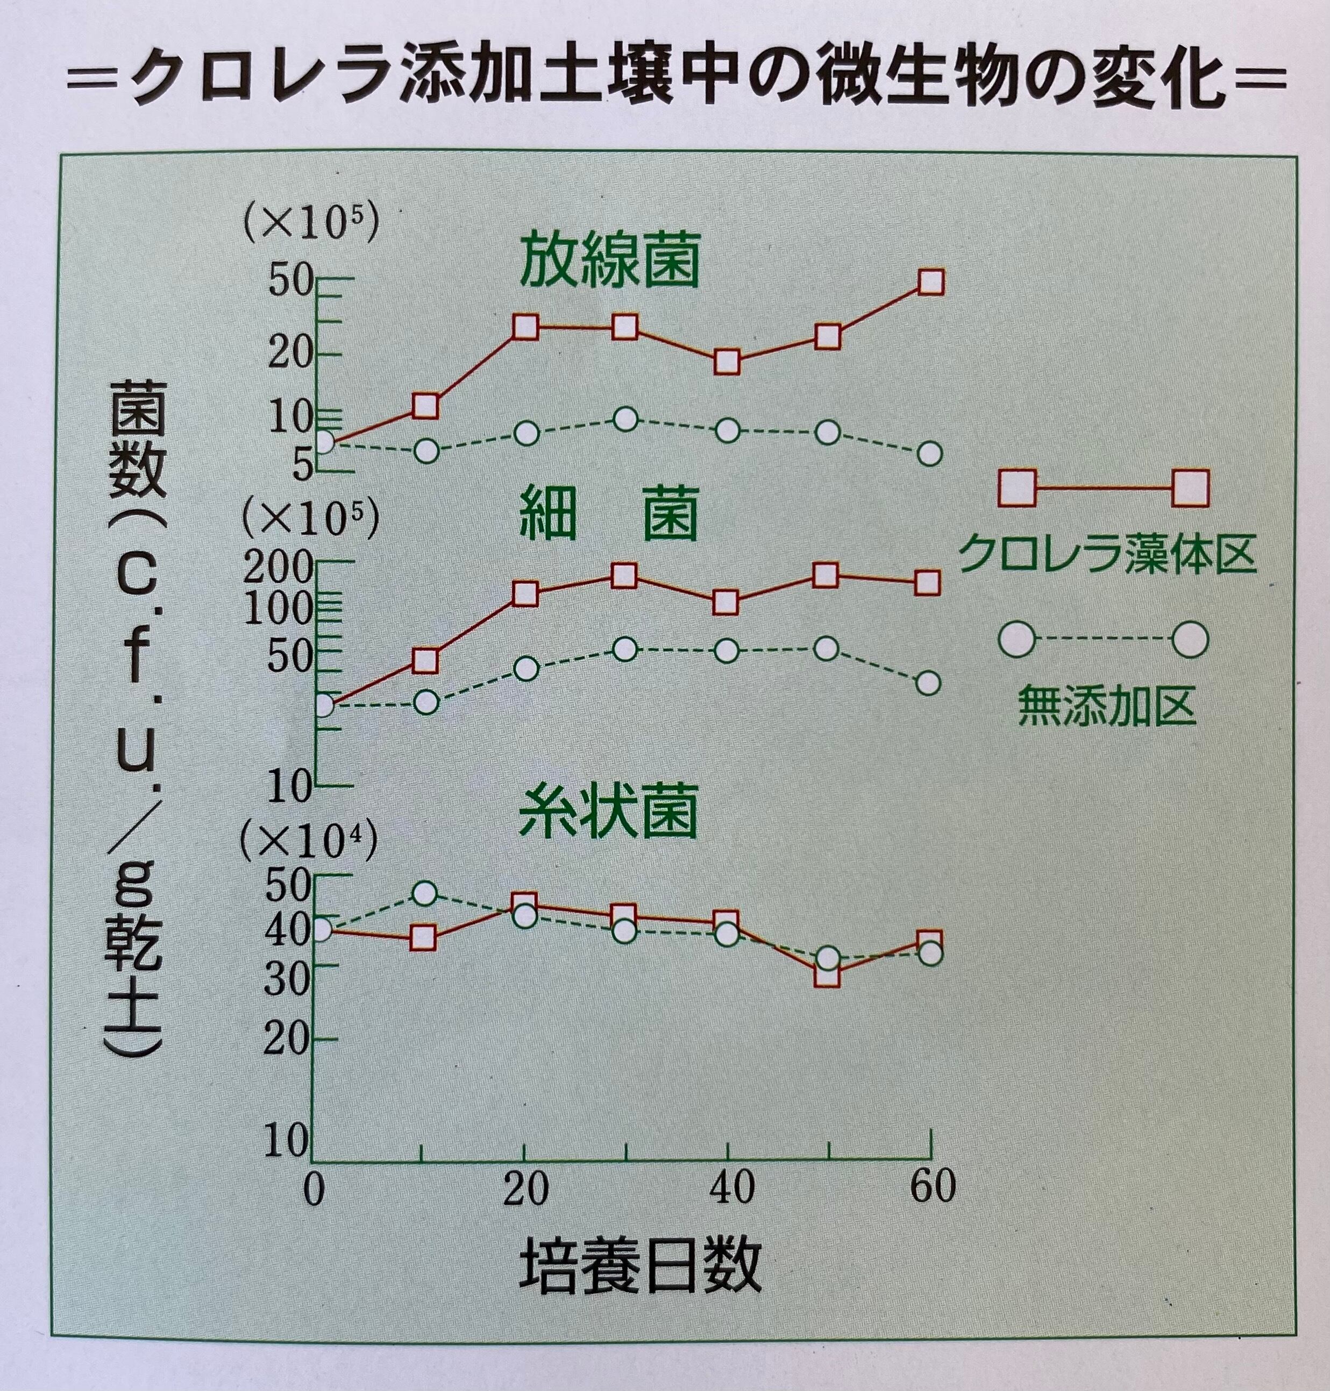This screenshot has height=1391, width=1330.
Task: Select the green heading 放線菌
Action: point(609,260)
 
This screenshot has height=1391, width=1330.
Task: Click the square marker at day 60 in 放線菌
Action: point(930,281)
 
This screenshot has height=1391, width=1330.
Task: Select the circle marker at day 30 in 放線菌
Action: point(624,419)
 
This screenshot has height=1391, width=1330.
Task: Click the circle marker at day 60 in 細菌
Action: point(929,682)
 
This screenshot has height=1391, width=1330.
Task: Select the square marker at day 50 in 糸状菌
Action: point(827,975)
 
